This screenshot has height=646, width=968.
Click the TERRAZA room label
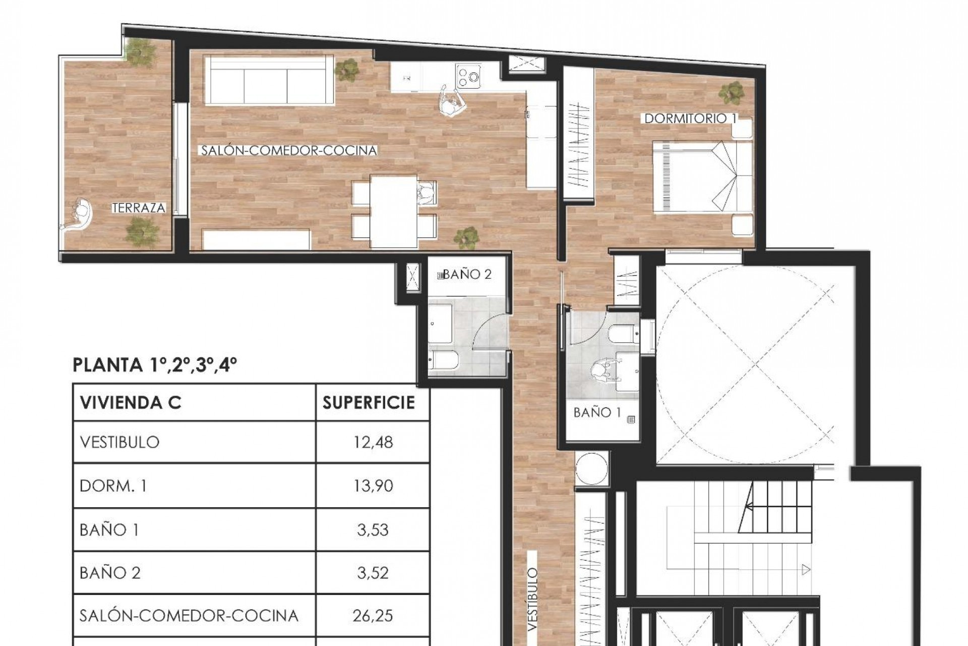pos(139,208)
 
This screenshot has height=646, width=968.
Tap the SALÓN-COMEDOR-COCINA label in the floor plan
pos(289,150)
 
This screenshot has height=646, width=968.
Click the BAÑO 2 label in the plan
pos(466,275)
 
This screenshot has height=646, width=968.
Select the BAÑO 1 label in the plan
pos(597,413)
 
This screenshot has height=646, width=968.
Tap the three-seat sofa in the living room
pos(269,80)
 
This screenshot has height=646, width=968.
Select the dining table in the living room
pos(394,211)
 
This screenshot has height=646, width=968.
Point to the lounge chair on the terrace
pos(80,216)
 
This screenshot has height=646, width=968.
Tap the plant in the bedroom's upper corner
pos(731,92)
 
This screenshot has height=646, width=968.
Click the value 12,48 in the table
pos(373,442)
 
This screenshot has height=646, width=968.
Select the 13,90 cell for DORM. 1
pos(373,486)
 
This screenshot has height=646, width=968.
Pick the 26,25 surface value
pos(373,616)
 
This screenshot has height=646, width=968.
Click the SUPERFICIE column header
pos(369,403)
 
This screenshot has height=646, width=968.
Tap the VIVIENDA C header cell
pos(131,403)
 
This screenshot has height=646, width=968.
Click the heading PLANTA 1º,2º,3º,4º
pos(155,365)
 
